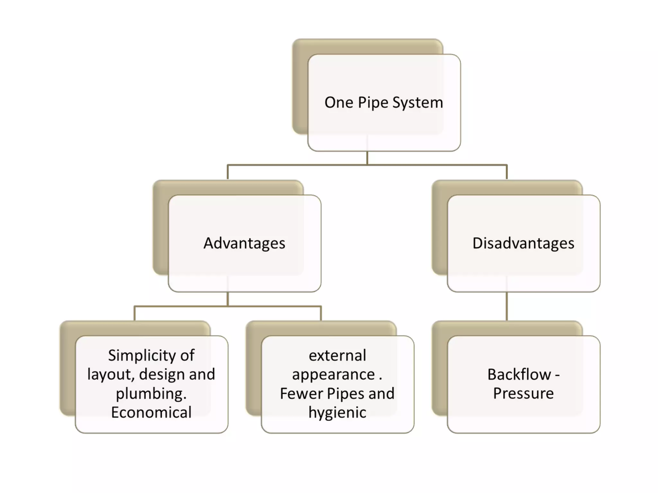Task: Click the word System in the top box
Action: point(418,103)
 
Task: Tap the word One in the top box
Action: point(339,103)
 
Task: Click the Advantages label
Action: point(244,243)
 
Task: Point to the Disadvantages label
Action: point(523,243)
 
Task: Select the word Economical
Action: point(151,412)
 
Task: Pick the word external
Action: point(337,356)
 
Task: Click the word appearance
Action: point(333,375)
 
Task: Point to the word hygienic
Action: point(337,412)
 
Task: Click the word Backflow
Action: point(519,375)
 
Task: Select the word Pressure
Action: point(523,394)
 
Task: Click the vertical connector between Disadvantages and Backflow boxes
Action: point(507,307)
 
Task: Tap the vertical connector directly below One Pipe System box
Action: point(367,158)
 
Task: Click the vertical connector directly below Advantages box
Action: point(227,299)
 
